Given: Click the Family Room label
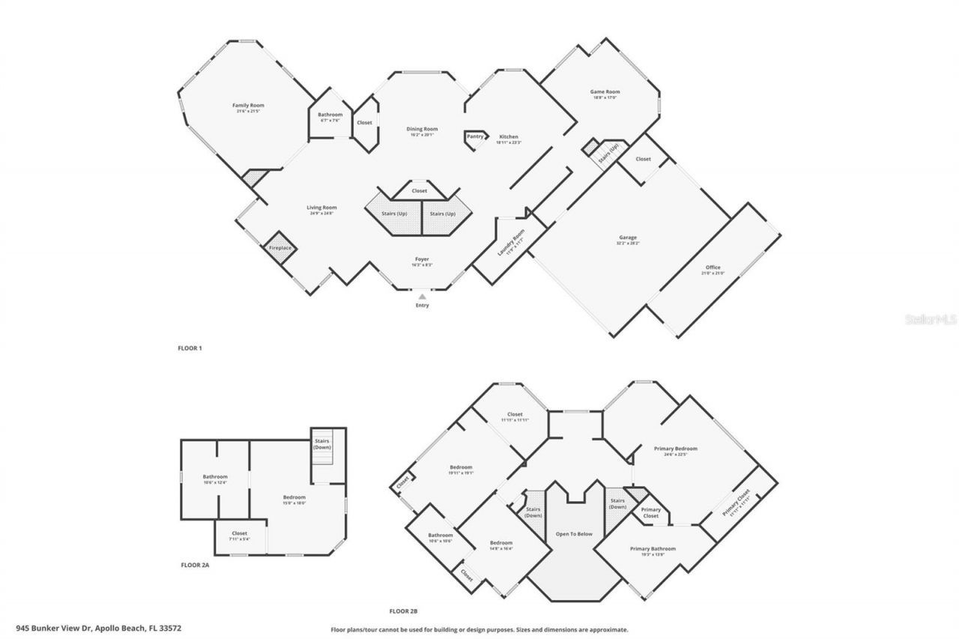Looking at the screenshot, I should click(x=248, y=106).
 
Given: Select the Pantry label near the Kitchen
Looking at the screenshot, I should click(x=475, y=136).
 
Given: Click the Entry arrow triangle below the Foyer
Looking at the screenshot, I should click(x=423, y=297).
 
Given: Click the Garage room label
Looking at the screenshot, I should click(x=628, y=238).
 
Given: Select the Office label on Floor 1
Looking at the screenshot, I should click(x=713, y=267).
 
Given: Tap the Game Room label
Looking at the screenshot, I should click(x=605, y=92).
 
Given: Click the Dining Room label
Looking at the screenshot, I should click(x=423, y=129).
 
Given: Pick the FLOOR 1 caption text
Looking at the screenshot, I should click(x=190, y=348).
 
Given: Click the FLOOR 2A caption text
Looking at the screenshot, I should click(x=195, y=565).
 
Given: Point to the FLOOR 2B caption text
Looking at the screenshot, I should click(x=403, y=611).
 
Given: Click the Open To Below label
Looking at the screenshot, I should click(x=574, y=534).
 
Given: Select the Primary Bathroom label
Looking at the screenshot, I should click(x=653, y=549).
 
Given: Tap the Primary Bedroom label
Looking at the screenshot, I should click(x=675, y=449).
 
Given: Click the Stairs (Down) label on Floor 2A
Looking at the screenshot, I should click(x=322, y=443).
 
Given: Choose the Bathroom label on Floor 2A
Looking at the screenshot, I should click(x=215, y=476).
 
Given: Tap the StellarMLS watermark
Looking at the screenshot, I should click(x=931, y=319).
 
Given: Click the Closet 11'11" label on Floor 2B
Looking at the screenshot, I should click(x=515, y=414).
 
